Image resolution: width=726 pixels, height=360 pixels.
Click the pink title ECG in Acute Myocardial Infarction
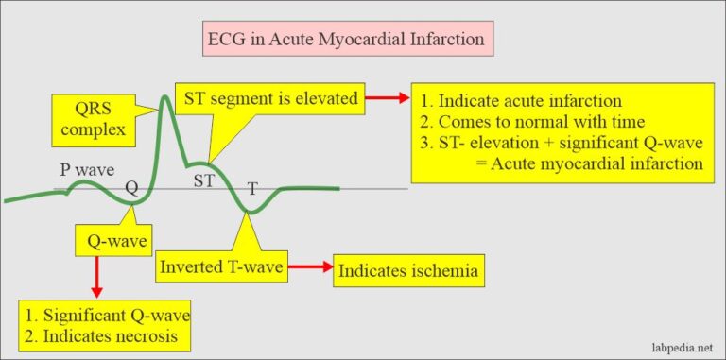(349, 41)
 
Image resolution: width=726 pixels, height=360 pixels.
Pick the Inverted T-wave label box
(219, 268)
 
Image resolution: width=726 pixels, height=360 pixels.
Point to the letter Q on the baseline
(131, 187)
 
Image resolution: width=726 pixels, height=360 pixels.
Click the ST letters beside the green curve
(203, 179)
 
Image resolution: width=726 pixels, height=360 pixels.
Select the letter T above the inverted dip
(252, 188)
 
